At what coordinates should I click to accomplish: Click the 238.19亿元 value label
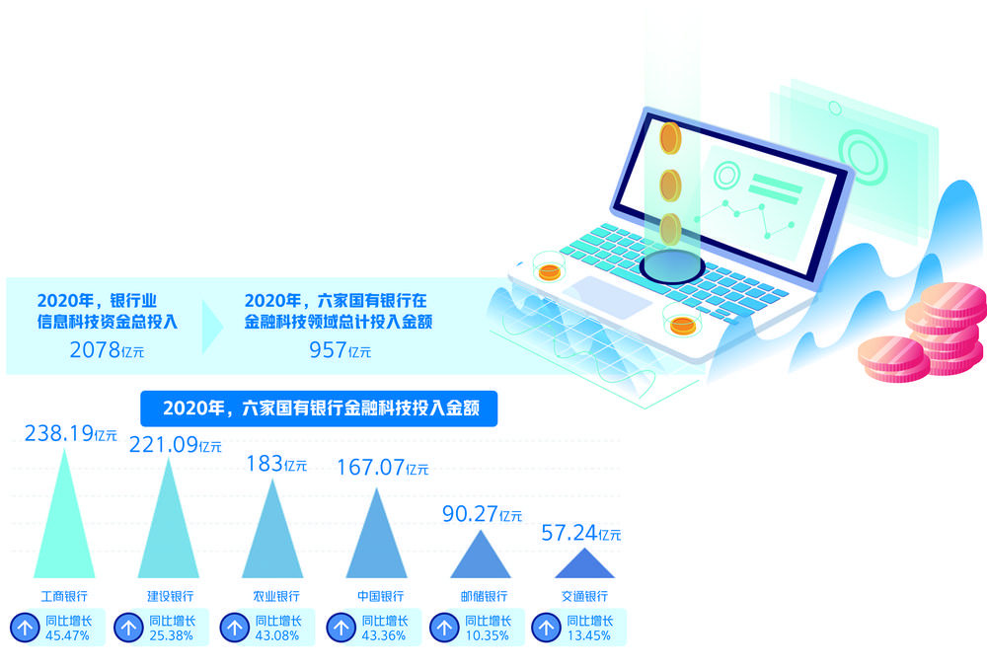70,433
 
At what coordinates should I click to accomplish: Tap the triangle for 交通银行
584,563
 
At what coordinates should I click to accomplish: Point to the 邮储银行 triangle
481,555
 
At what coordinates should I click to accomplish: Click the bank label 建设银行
170,596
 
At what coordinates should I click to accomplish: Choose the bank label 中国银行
380,596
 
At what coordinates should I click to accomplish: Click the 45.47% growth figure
67,635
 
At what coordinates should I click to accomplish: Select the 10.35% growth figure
488,635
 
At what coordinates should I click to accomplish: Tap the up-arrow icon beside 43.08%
235,628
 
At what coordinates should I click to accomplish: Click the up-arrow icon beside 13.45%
547,628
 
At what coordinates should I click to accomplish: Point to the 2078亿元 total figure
107,350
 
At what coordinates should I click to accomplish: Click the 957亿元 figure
340,350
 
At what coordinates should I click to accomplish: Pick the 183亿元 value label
276,464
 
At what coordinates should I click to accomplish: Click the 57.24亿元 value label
581,533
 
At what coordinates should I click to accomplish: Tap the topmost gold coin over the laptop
670,138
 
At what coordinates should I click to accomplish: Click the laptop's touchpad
607,298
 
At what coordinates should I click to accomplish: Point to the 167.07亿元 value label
383,468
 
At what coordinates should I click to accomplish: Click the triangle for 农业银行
272,529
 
